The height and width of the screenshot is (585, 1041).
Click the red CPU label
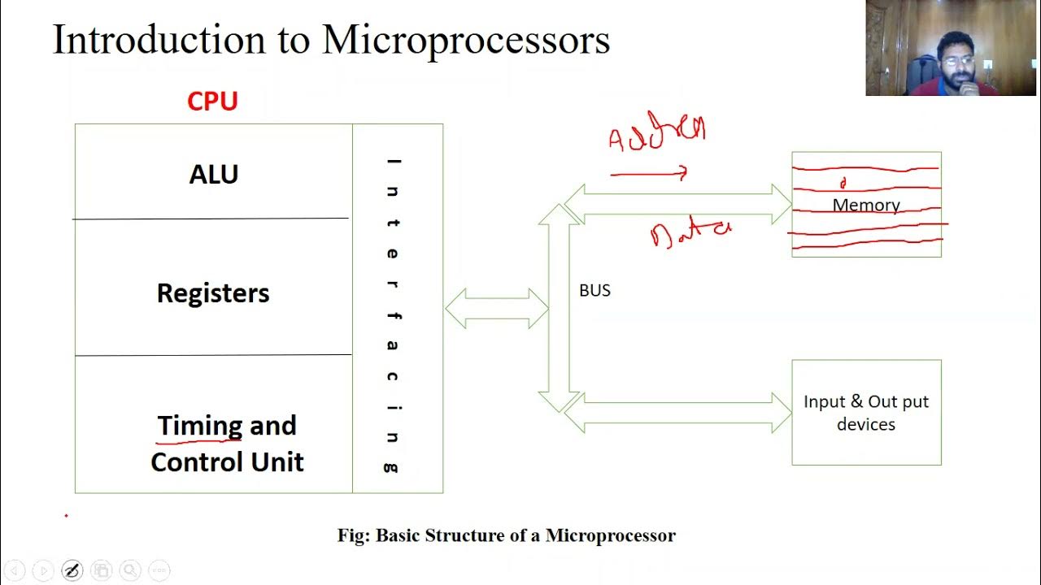(x=212, y=102)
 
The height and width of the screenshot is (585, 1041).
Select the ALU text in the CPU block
(x=213, y=175)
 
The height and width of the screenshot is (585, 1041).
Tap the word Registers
(x=213, y=293)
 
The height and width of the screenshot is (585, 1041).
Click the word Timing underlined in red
(x=199, y=426)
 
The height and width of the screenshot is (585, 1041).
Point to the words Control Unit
(x=227, y=462)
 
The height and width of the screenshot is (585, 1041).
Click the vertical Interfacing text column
(x=394, y=314)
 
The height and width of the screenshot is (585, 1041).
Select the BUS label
(x=595, y=291)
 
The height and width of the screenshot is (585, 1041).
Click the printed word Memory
(x=866, y=206)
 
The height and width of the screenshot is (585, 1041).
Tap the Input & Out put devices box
(x=866, y=413)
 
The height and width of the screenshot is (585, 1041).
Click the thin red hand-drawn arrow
(x=649, y=172)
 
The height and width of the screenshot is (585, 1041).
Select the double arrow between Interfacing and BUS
(x=497, y=309)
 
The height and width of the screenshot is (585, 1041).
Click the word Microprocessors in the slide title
(x=466, y=40)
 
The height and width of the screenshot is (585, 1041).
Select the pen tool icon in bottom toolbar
(x=72, y=570)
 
